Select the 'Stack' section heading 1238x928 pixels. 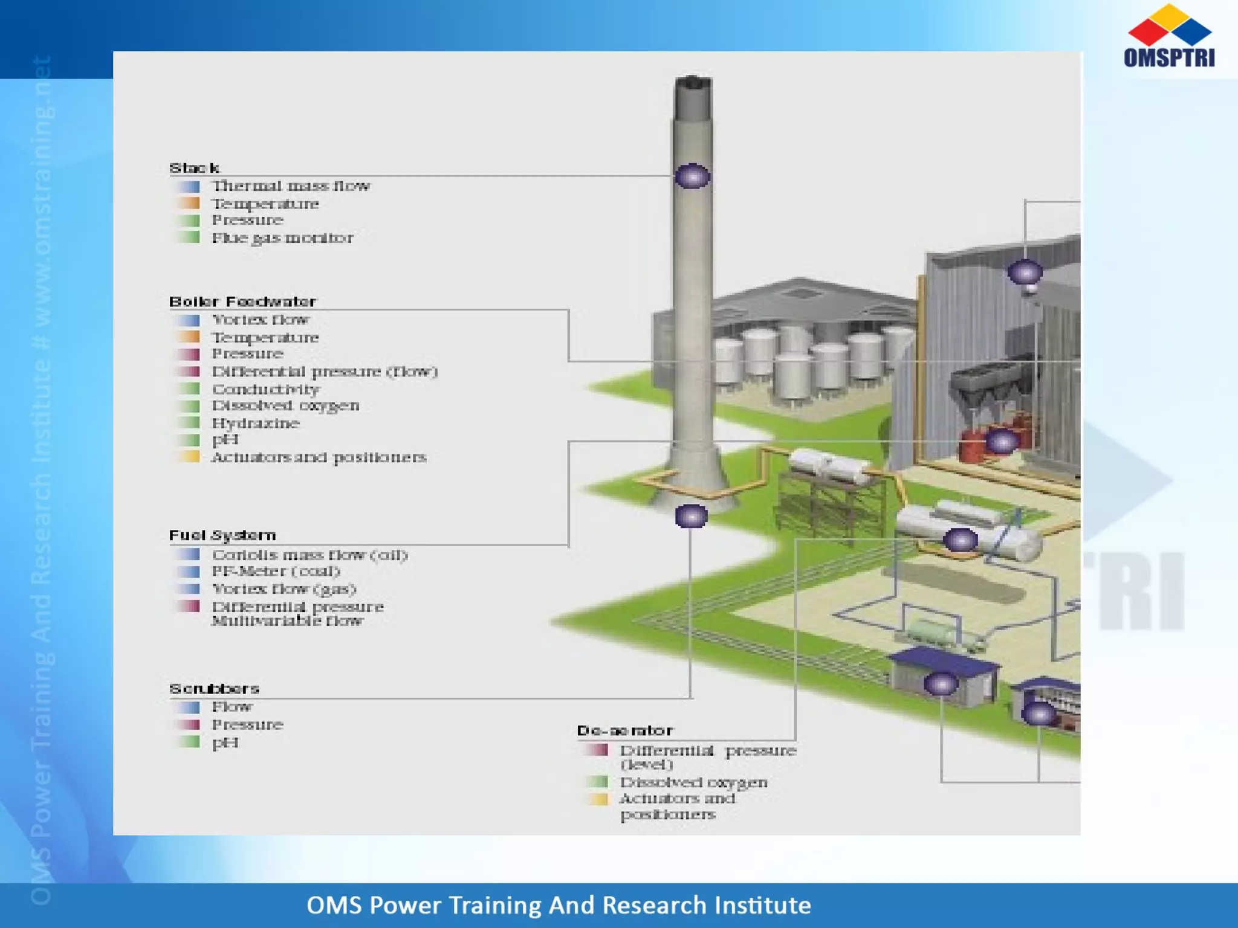[194, 168]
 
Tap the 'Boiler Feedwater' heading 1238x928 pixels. [242, 301]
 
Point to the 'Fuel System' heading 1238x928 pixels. [222, 535]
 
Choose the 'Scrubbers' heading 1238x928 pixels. [214, 689]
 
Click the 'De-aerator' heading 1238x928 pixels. [624, 731]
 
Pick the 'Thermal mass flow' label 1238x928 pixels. [291, 186]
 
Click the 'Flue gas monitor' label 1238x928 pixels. [282, 238]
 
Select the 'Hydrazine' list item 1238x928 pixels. [256, 423]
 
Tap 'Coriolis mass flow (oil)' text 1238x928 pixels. [309, 555]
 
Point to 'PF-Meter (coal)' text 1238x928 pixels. [276, 572]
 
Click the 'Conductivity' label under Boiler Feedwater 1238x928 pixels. [265, 389]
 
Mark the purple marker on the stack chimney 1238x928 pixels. [692, 176]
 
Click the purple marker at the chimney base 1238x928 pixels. [691, 517]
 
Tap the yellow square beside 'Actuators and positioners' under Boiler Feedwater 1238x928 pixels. [189, 457]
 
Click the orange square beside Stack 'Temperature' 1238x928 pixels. [189, 203]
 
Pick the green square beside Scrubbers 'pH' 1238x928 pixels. [189, 742]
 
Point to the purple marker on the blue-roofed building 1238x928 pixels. [941, 684]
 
